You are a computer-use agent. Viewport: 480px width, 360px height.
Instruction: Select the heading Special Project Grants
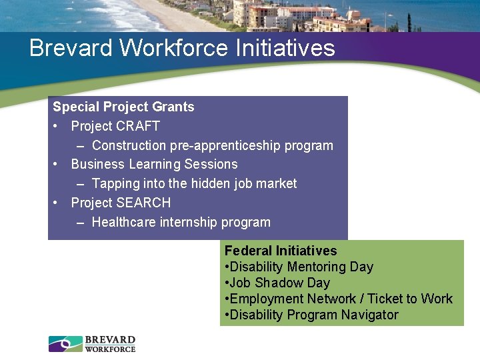(x=123, y=107)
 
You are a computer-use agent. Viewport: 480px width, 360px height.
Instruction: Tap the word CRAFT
(x=138, y=126)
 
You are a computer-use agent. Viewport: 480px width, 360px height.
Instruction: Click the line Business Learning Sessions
(x=154, y=164)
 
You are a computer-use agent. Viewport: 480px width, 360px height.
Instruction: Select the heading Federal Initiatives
(x=281, y=251)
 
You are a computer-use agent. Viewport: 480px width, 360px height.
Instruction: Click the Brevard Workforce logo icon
(x=65, y=344)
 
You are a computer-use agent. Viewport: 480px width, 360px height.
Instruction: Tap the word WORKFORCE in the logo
(x=110, y=349)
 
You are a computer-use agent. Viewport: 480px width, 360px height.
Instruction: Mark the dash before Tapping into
(x=80, y=183)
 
